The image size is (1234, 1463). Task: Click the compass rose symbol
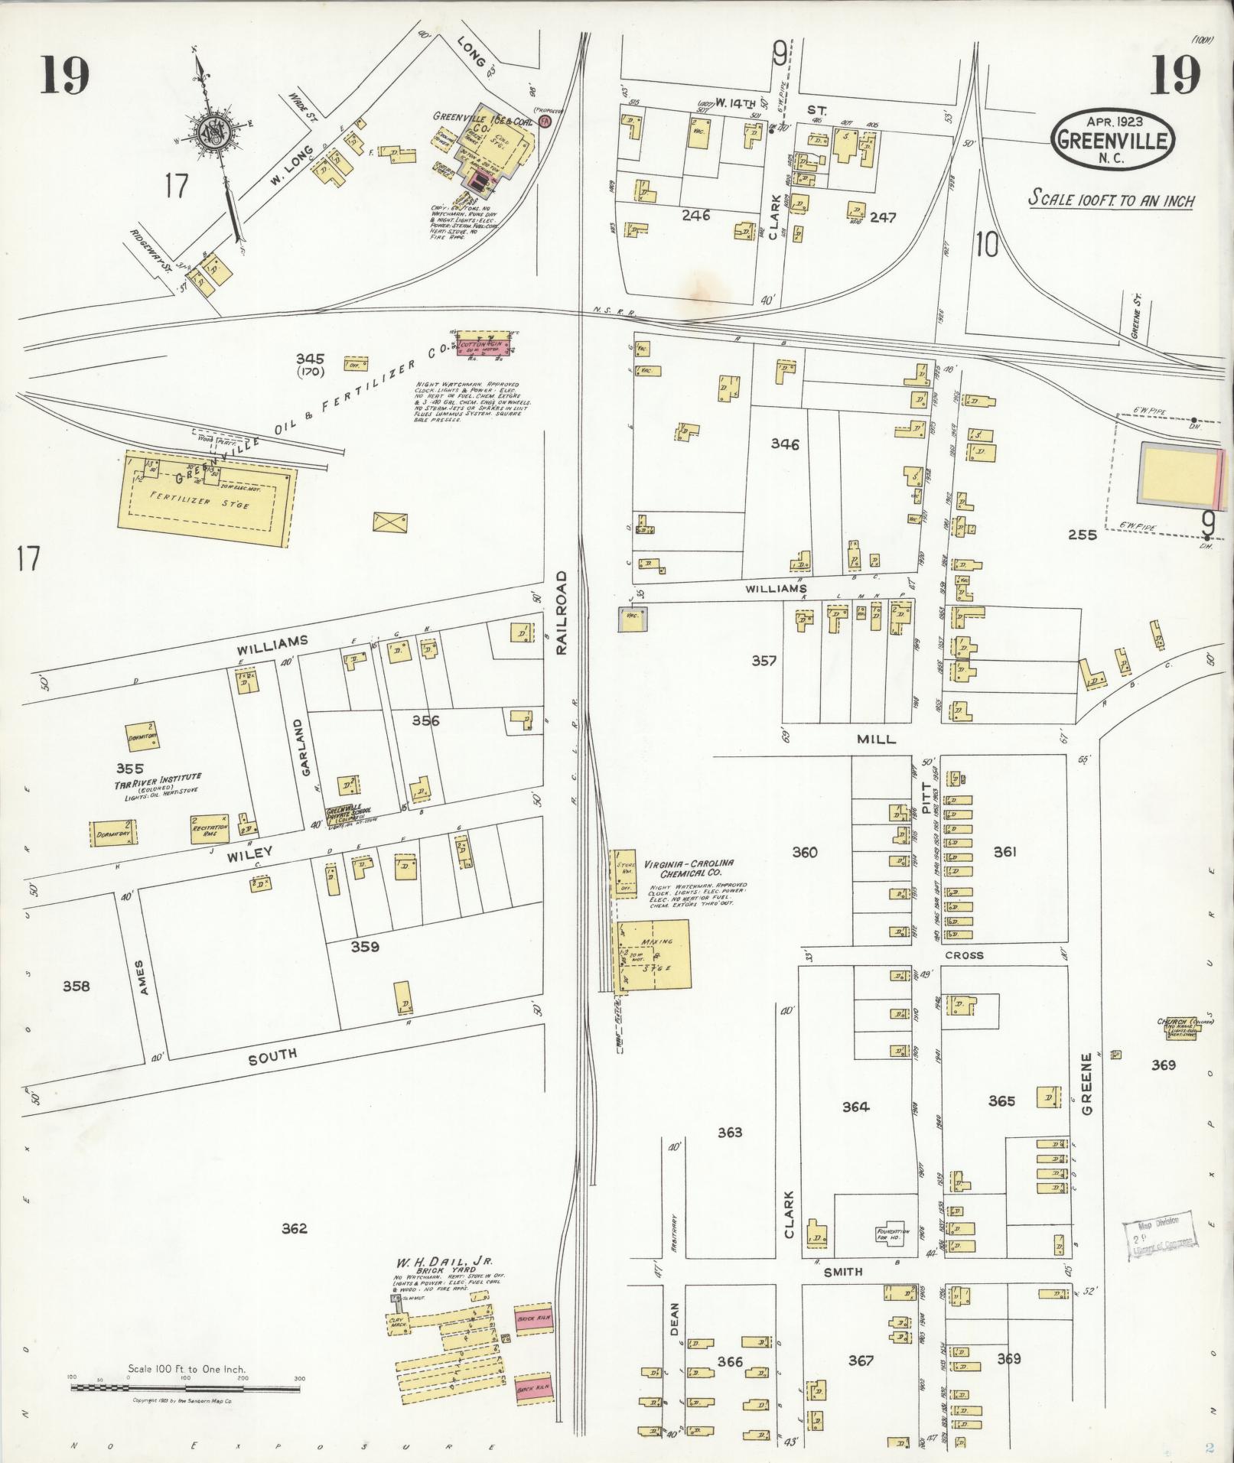(x=211, y=133)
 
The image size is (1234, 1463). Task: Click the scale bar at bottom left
(x=186, y=1386)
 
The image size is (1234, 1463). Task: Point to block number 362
(x=294, y=1229)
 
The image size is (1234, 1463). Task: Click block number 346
(x=785, y=444)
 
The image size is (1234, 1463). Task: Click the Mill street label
(x=876, y=740)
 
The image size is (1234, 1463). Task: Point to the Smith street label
(x=843, y=1272)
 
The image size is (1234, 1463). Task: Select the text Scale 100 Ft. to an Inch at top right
(x=1111, y=200)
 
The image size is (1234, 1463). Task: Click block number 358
(x=76, y=986)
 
